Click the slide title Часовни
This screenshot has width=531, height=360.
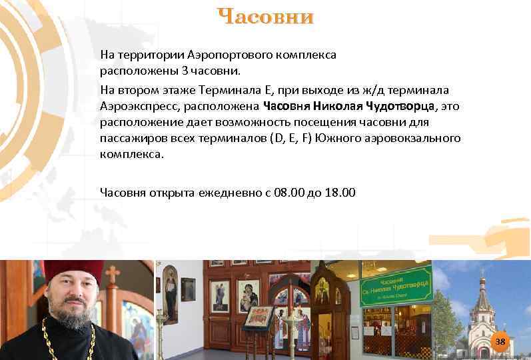point(265,17)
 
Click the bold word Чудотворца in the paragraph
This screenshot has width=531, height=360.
point(397,106)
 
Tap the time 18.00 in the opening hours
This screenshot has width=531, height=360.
point(340,193)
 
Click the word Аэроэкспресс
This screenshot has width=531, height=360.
point(138,106)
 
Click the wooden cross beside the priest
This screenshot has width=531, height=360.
point(113,273)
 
